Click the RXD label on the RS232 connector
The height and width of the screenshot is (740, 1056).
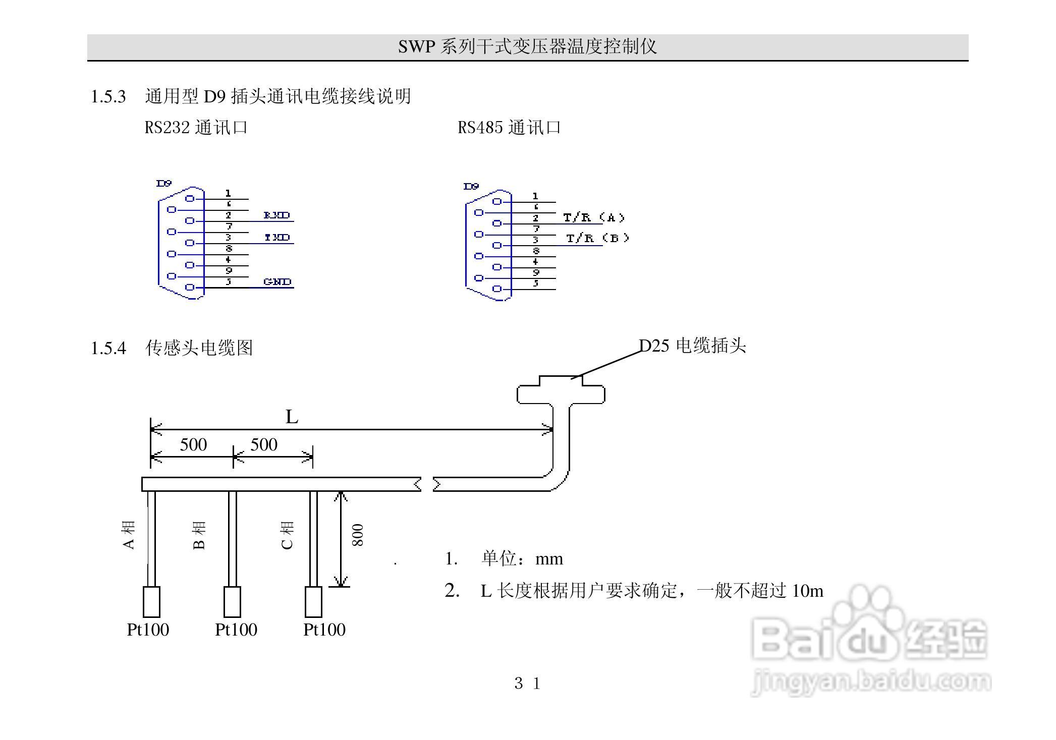point(277,215)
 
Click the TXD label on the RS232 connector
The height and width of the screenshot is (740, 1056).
point(277,237)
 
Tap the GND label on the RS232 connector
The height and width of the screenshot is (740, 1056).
point(277,281)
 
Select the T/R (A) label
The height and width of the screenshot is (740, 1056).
point(594,217)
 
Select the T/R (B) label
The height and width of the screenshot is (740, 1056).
point(597,238)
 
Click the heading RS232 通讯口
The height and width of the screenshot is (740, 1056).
point(196,127)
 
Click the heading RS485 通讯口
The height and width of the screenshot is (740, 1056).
point(509,127)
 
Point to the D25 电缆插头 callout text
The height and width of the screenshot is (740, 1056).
point(693,346)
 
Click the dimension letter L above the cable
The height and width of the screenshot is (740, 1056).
point(292,417)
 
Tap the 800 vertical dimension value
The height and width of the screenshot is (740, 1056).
point(358,535)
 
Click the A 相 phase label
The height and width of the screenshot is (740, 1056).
point(129,535)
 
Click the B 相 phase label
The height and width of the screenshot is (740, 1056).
point(199,535)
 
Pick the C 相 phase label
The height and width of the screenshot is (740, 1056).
point(287,535)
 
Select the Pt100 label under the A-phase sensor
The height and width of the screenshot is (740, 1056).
point(148,630)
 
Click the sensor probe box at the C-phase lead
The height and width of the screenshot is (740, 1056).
point(313,601)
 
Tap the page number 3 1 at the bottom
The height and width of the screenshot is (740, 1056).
point(527,684)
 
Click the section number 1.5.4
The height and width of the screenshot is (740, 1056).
point(108,348)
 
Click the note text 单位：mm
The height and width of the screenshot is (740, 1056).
point(522,559)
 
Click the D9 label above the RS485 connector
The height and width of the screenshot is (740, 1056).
point(471,187)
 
